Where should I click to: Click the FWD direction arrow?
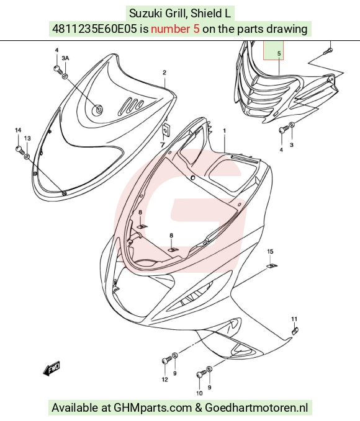point(52,368)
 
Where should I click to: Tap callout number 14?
point(18,130)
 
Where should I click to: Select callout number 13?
point(27,138)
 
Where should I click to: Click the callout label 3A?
point(65,58)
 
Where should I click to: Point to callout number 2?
point(164,72)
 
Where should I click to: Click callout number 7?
point(163,145)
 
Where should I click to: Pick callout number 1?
point(225,131)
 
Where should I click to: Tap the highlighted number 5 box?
point(273,50)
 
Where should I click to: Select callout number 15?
point(270,251)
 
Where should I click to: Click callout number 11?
point(294,319)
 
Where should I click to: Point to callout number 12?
point(165,379)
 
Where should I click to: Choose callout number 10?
point(199,393)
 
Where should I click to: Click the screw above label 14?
point(20,150)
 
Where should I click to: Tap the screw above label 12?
point(167,360)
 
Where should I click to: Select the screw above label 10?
point(201,373)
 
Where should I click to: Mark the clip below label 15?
point(272,266)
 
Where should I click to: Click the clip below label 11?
point(295,331)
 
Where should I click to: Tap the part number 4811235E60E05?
point(94,29)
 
